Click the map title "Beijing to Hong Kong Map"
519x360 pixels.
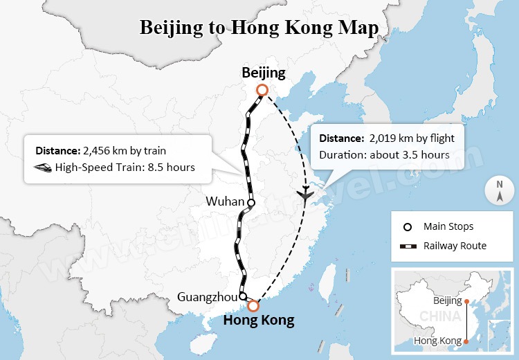(259, 28)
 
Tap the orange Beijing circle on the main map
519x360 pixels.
(261, 90)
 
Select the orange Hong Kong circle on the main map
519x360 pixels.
(253, 305)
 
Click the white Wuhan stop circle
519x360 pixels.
(251, 203)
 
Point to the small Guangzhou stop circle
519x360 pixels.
(242, 296)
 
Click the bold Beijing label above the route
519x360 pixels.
(263, 73)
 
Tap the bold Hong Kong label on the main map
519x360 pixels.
(258, 321)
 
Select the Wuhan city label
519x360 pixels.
(225, 202)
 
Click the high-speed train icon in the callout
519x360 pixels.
(44, 167)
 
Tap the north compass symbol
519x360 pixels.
(499, 190)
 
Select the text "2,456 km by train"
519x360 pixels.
(125, 150)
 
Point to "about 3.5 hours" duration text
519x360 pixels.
(408, 154)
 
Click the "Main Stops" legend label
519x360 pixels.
(448, 226)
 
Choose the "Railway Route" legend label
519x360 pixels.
(455, 246)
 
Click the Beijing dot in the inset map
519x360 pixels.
(466, 301)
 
